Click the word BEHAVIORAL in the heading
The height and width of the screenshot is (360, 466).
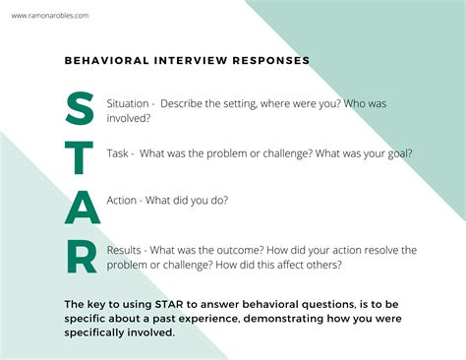(x=104, y=60)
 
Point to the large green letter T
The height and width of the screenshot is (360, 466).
(x=81, y=156)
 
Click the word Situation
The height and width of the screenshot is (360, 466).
(x=126, y=104)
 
